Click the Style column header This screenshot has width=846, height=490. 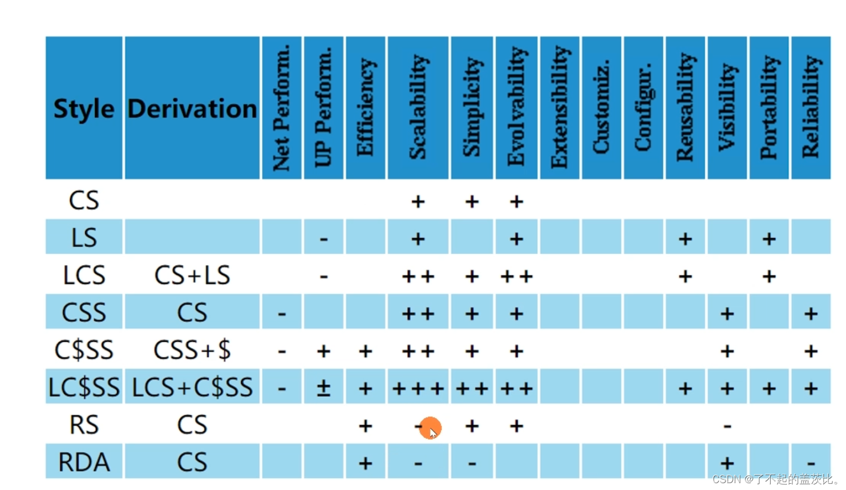[84, 108]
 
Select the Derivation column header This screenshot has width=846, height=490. [192, 108]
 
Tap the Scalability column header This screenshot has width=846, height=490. [418, 107]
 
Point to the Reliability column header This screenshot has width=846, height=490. [811, 107]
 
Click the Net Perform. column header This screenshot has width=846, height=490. [281, 107]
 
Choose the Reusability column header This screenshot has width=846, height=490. [685, 107]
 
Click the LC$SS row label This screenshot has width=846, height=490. [84, 388]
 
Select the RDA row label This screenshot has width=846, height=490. [84, 462]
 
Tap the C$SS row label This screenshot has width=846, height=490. [84, 350]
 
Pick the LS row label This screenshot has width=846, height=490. [84, 238]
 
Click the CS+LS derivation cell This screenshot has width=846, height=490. [192, 276]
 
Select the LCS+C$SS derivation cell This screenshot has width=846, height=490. [192, 388]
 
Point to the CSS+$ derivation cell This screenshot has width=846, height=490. [192, 350]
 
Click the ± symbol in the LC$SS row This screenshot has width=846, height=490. [323, 388]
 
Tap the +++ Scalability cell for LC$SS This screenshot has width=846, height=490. [418, 388]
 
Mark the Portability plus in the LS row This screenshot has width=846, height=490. [769, 238]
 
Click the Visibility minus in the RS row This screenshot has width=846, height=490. [727, 426]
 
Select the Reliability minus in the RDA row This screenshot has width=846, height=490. [811, 463]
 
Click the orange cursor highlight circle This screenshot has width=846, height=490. [430, 428]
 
